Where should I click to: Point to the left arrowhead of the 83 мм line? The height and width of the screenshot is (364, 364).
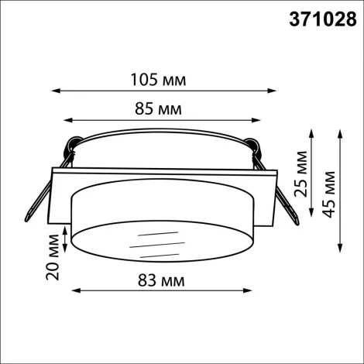pos(75,291)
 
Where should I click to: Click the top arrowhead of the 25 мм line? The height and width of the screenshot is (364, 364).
pos(311,132)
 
